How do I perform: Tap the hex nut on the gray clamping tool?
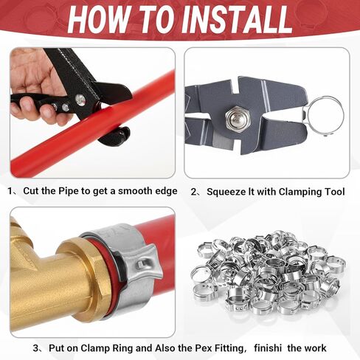[236, 117]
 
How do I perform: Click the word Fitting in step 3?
[229, 348]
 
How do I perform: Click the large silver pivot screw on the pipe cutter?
[80, 100]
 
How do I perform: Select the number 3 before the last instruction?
[36, 348]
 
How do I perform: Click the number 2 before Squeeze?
[194, 192]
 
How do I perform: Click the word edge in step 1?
[166, 191]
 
